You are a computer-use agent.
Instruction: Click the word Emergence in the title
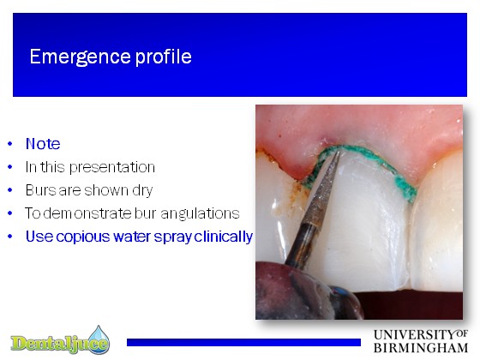tap(81, 57)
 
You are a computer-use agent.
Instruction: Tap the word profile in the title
tap(164, 57)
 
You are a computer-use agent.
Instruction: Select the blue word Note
tap(43, 144)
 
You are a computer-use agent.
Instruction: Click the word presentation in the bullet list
tap(112, 168)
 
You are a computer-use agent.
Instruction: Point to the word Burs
tap(40, 190)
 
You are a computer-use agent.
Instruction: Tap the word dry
tap(142, 191)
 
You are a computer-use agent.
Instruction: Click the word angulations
tap(200, 213)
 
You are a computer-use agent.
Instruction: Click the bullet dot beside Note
tap(10, 144)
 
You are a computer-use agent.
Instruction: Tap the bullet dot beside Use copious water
tap(10, 237)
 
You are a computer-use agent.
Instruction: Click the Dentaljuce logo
tap(60, 340)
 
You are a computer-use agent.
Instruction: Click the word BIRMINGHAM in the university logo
tap(421, 348)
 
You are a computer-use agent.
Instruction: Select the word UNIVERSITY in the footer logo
tap(415, 334)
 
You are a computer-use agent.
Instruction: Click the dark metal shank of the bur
tap(300, 244)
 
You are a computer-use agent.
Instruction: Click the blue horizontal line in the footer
tap(243, 342)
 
